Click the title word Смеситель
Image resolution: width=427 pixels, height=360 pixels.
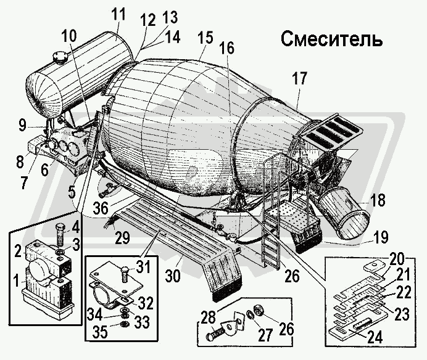click(x=332, y=39)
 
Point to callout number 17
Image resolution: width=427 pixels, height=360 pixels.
click(x=299, y=79)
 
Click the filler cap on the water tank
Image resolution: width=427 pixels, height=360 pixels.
click(x=60, y=60)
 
